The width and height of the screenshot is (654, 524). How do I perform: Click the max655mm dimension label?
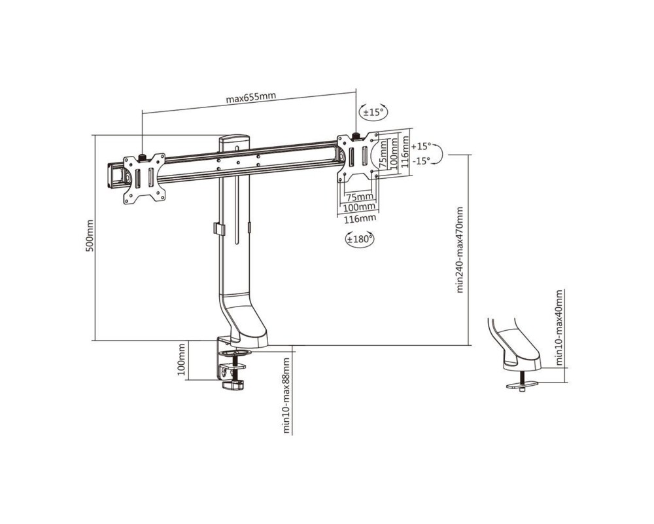point(250,98)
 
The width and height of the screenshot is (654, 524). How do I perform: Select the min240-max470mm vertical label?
point(460,250)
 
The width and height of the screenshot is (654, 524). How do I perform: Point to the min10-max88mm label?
point(286,396)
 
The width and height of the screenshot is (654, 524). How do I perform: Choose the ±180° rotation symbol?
point(359,240)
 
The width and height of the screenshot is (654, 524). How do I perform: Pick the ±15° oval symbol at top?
point(373,112)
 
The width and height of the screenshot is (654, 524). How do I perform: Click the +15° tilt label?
point(421,146)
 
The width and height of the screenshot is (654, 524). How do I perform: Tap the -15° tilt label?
point(421,161)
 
